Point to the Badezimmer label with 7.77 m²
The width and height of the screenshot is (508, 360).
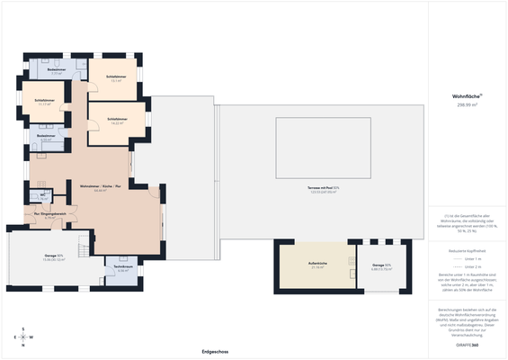pyautogui.click(x=57, y=70)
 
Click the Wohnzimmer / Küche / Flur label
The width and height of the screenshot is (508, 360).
pyautogui.click(x=99, y=188)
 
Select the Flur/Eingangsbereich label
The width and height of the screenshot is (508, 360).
pyautogui.click(x=51, y=215)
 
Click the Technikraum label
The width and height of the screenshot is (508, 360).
pyautogui.click(x=123, y=268)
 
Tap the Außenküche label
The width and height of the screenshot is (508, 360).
pyautogui.click(x=317, y=265)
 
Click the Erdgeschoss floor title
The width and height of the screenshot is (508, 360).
pyautogui.click(x=214, y=352)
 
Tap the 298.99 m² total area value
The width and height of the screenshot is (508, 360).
pyautogui.click(x=468, y=105)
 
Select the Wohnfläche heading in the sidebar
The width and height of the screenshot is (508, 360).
pyautogui.click(x=467, y=96)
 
